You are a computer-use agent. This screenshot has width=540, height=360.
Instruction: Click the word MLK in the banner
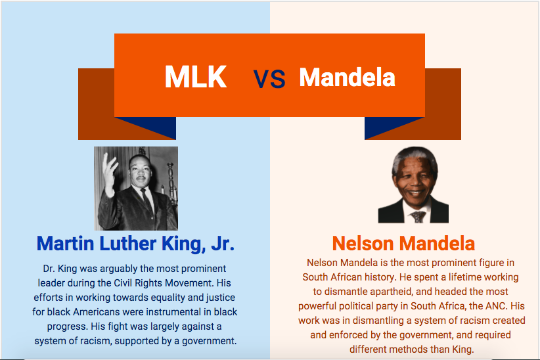[195, 78]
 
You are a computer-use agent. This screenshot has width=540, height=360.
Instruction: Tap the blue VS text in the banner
[269, 79]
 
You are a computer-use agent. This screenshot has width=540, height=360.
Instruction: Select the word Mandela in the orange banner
[347, 78]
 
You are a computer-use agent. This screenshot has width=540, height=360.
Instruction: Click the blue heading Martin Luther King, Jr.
[135, 244]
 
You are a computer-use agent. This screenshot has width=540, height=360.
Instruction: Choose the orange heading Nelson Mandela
[403, 244]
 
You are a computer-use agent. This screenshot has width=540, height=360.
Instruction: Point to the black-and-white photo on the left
[136, 188]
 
